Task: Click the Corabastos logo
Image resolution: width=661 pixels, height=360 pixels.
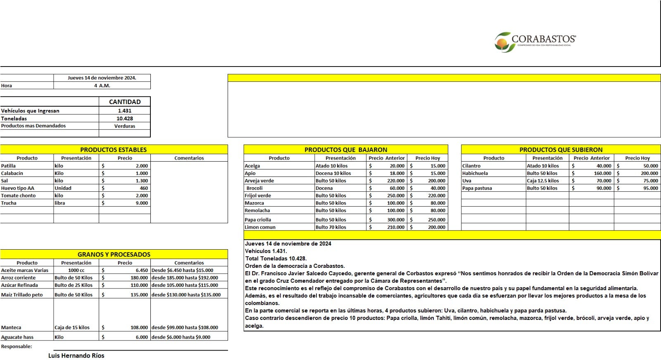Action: [x=535, y=42]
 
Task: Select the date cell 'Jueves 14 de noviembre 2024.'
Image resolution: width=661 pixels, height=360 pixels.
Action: [x=102, y=78]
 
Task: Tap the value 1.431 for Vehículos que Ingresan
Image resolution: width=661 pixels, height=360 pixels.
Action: [x=124, y=111]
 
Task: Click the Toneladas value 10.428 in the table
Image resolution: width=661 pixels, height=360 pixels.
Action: [x=124, y=118]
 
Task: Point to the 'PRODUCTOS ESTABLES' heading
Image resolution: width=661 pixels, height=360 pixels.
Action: [x=113, y=150]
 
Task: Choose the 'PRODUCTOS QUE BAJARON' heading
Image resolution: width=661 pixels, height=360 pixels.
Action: [x=345, y=150]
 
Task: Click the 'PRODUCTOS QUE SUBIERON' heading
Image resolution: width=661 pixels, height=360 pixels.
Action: [x=561, y=150]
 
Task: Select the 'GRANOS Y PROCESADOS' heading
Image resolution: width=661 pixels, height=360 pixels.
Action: [x=114, y=255]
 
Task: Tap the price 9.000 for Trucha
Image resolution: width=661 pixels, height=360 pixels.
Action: [x=141, y=203]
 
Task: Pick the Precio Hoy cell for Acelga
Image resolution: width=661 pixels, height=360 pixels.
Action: [x=437, y=166]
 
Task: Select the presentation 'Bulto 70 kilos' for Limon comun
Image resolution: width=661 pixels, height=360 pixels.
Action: [x=331, y=227]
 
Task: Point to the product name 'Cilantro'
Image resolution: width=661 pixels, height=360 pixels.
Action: [x=471, y=166]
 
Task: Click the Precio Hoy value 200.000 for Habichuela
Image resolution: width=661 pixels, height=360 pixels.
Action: [x=649, y=173]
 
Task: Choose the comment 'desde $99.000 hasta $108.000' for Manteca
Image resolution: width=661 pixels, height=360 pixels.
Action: [x=185, y=327]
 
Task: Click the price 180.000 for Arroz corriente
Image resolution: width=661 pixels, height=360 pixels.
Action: [x=139, y=278]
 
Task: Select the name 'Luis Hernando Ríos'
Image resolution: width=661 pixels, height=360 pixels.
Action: [x=76, y=355]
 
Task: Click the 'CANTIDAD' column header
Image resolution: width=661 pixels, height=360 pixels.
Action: [x=124, y=102]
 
